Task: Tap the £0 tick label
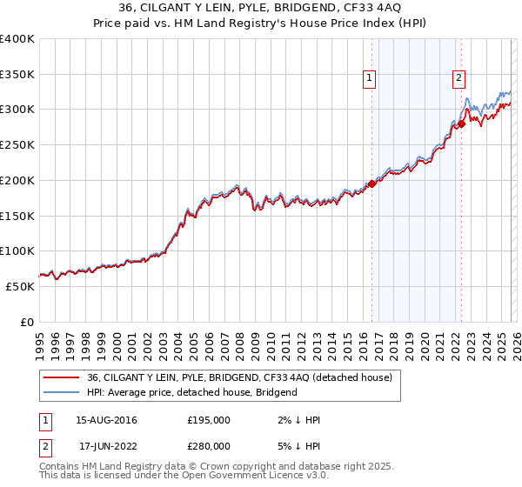coord(27,322)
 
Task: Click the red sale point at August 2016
coord(372,183)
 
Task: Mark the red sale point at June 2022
coord(462,123)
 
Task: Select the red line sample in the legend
coord(61,377)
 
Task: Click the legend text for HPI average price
coord(191,392)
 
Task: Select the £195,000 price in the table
coord(209,420)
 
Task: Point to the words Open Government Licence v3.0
coord(259,477)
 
